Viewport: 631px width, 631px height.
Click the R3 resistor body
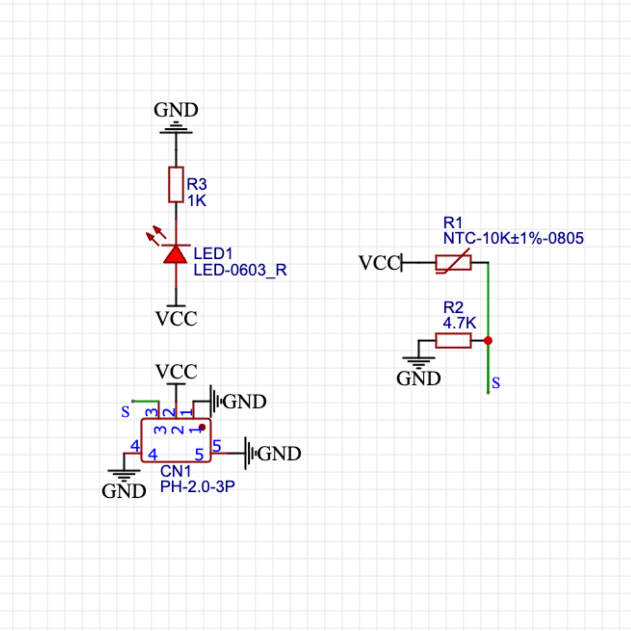(176, 185)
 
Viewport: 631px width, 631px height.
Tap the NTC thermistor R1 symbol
(453, 262)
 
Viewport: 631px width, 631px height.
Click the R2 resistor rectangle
(453, 340)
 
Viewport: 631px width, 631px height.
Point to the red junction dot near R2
(488, 340)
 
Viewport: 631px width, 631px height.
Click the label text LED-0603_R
(240, 270)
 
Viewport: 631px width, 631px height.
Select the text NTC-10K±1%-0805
(513, 238)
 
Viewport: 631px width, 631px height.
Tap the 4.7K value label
(459, 323)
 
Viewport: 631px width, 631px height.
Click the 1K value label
(196, 201)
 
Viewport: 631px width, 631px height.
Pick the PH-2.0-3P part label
(197, 487)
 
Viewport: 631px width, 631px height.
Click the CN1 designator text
(175, 471)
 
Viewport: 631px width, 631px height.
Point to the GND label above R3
(176, 110)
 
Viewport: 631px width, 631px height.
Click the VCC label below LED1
(176, 319)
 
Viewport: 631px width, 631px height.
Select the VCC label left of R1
(379, 263)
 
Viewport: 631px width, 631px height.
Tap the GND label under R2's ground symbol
(418, 379)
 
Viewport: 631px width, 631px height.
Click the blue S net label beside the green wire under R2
(496, 383)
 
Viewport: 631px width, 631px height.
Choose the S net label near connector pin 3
(125, 412)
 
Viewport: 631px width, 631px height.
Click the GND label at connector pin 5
(279, 454)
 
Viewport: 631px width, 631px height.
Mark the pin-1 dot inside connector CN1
(202, 427)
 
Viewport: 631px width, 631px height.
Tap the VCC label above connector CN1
(176, 372)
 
